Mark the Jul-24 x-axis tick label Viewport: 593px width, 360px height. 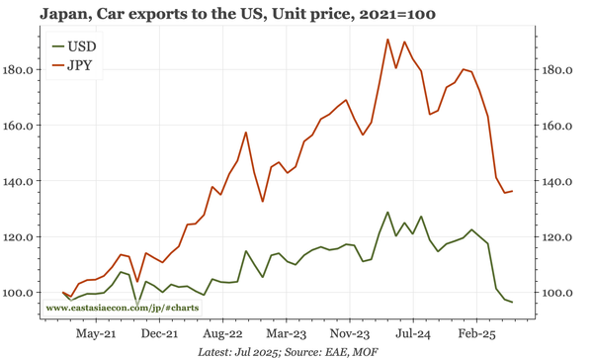pyautogui.click(x=413, y=334)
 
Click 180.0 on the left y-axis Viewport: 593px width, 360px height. pyautogui.click(x=20, y=70)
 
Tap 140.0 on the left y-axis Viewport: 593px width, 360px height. pyautogui.click(x=20, y=182)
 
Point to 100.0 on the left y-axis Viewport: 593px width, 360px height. pyautogui.click(x=20, y=293)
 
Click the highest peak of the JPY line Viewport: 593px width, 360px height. pyautogui.click(x=387, y=40)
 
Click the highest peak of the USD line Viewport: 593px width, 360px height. pyautogui.click(x=387, y=212)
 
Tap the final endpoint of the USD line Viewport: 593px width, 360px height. pyautogui.click(x=512, y=302)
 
